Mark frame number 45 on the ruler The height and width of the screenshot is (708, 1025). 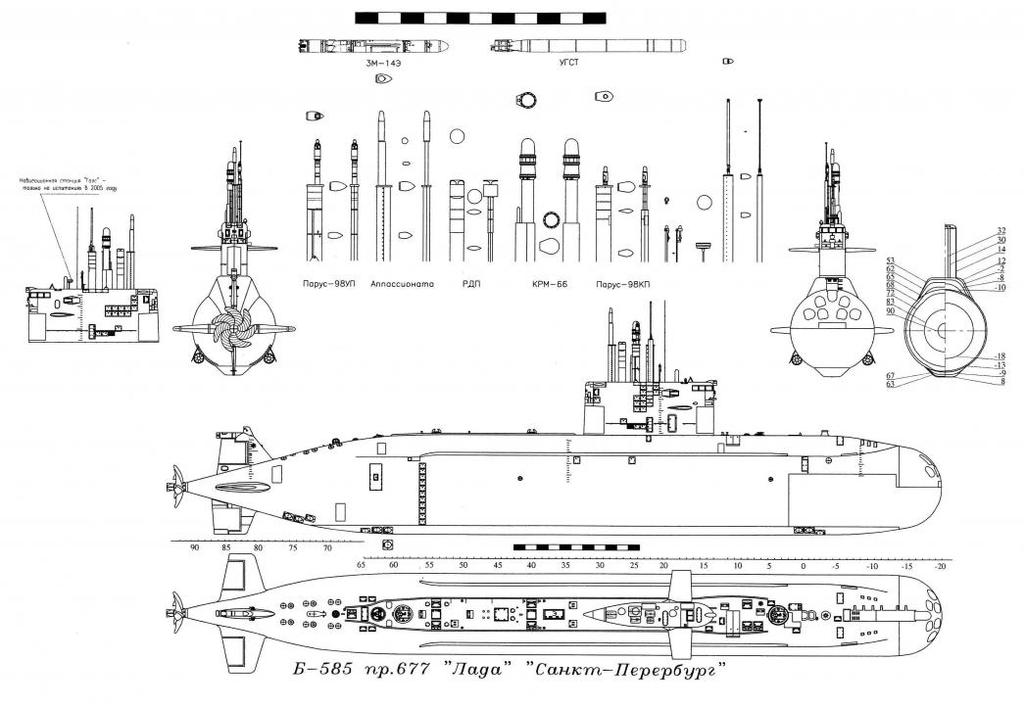497,566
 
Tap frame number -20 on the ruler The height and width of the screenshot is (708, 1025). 941,566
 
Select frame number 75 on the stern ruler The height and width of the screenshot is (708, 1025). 293,548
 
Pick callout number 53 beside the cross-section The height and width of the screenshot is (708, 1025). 891,260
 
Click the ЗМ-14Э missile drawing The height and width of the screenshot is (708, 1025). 374,45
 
